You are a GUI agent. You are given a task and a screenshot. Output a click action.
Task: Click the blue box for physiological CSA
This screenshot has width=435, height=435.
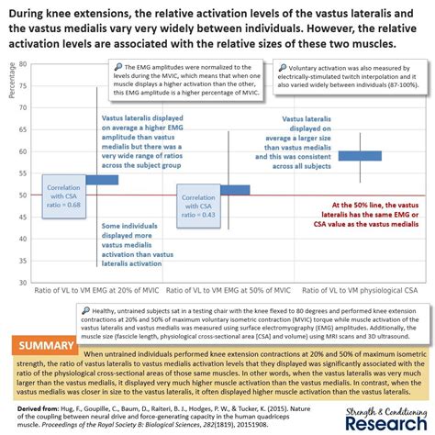tap(361, 155)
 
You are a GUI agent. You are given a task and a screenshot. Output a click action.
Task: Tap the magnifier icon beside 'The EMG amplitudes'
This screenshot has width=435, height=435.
tap(118, 67)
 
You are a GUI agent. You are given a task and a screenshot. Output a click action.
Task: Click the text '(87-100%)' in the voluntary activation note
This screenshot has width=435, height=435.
tap(396, 92)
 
